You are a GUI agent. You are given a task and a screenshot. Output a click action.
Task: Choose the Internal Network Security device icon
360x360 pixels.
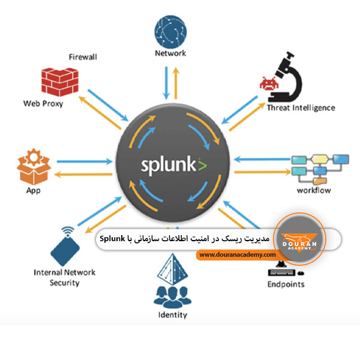pos(67,247)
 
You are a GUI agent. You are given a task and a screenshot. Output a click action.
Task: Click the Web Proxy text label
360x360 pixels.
pos(43,103)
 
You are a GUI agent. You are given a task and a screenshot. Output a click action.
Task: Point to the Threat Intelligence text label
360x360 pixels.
pos(301,108)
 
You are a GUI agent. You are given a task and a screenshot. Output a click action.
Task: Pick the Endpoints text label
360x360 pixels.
pos(286,284)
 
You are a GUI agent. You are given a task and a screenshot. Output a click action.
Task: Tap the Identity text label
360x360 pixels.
pos(172,314)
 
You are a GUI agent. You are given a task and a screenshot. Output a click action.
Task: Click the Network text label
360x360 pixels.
pos(170,53)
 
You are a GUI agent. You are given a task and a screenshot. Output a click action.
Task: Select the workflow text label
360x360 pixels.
pos(314,190)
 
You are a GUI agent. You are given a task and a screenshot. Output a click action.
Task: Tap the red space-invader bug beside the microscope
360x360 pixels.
pos(268,83)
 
